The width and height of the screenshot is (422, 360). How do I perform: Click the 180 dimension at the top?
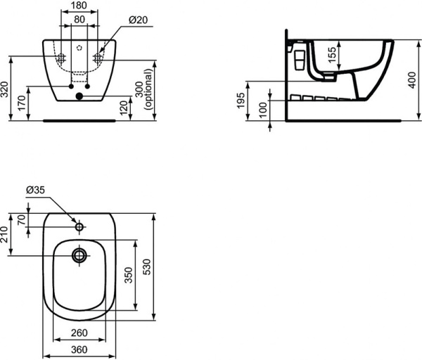[79, 6]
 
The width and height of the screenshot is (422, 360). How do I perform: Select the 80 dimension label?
[79, 20]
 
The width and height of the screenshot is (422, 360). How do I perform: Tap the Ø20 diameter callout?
[139, 21]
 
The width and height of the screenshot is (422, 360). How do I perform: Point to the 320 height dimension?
[6, 89]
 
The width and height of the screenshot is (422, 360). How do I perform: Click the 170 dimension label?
[21, 103]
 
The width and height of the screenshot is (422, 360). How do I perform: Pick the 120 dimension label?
[124, 108]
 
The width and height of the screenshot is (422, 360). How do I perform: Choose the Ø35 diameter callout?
[35, 190]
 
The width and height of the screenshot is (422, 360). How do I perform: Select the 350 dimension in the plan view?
[128, 274]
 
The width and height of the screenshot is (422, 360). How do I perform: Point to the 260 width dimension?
[79, 333]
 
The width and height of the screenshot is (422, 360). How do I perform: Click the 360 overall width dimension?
[79, 348]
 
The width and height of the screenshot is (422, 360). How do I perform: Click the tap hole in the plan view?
[79, 227]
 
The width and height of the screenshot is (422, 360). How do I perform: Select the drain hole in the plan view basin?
[79, 255]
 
